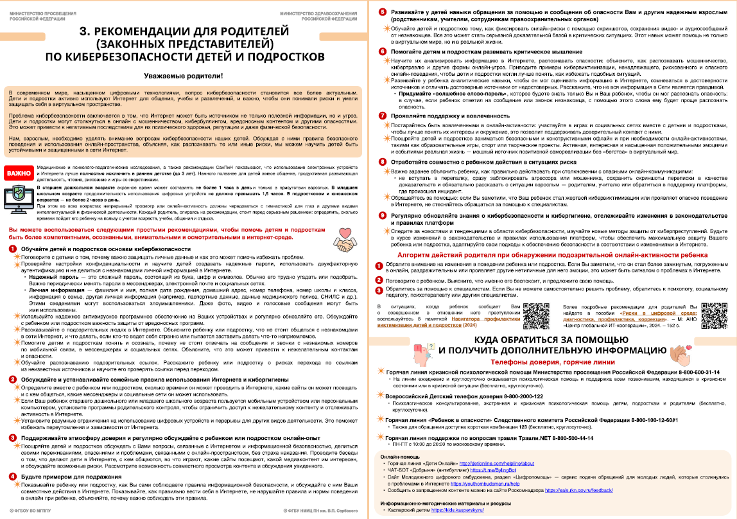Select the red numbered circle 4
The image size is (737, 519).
pos(13,476)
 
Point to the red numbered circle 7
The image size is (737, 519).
pos(382,115)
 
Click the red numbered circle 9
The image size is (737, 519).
pos(382,215)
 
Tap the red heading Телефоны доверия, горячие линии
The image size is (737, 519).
pos(551,362)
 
